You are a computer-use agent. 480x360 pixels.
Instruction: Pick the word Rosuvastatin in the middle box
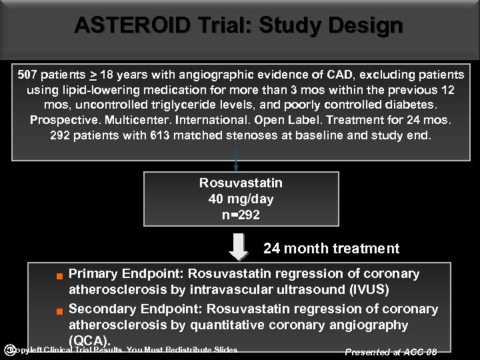point(241,183)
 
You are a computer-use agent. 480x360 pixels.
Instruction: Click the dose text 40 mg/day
point(241,199)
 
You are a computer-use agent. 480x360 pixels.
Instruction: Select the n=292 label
point(241,215)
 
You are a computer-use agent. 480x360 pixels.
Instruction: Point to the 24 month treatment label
point(331,249)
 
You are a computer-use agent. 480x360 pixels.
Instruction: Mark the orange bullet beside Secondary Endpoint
point(59,311)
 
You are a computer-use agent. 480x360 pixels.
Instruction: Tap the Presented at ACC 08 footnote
point(391,352)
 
